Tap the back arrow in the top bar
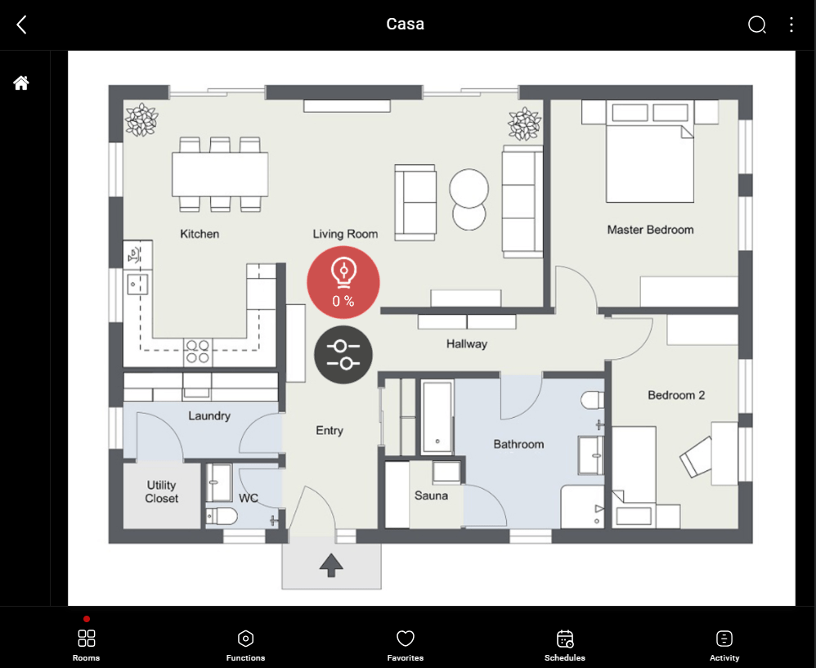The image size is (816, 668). point(22,25)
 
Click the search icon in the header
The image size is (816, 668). point(757,25)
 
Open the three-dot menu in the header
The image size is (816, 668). point(791,25)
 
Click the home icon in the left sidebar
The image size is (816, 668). point(21,83)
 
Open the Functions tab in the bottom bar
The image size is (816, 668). point(245,644)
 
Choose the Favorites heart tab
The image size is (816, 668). point(406,644)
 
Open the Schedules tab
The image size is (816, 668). point(565,644)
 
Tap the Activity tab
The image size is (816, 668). point(724,644)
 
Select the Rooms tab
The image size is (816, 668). point(87,644)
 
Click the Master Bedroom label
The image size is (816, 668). point(650,230)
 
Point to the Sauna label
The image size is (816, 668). point(431,495)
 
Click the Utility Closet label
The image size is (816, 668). point(162,491)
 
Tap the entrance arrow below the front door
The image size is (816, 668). point(331,564)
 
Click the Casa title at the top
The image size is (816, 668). point(406,24)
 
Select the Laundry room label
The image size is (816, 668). point(209,415)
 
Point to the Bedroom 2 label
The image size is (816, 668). point(676,395)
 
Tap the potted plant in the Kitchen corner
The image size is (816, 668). point(141,119)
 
